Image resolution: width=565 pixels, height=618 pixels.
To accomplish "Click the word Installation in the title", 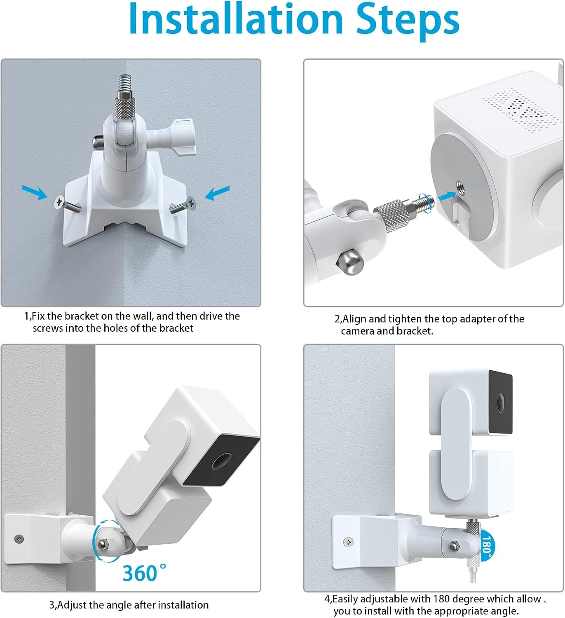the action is (x=236, y=19).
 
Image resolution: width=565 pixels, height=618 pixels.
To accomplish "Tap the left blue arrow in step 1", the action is (x=35, y=192).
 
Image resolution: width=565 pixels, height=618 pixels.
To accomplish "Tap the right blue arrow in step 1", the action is (x=217, y=193).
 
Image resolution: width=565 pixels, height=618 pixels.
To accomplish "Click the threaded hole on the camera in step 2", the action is (x=460, y=186).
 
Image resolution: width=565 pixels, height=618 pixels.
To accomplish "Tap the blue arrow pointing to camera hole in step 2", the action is (x=447, y=196).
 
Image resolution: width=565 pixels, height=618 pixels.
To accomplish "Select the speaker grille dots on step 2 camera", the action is (x=521, y=110).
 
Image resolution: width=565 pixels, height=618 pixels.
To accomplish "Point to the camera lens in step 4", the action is (x=499, y=402).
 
